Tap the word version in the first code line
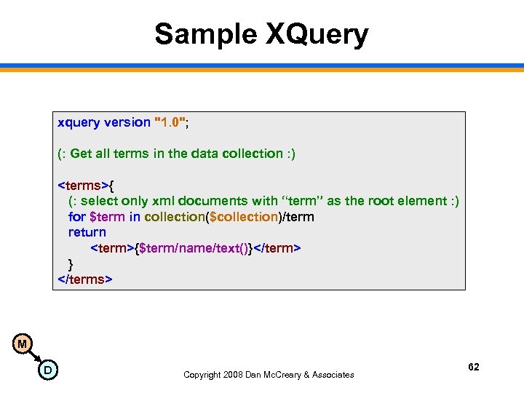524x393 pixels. pos(127,122)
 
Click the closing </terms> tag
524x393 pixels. pos(85,279)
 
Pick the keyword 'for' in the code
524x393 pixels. pos(76,216)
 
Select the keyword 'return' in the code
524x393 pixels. pos(87,232)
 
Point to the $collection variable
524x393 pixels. pos(243,216)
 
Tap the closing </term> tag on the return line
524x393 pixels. pos(277,248)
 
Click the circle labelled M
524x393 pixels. pos(23,344)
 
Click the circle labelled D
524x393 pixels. pos(47,370)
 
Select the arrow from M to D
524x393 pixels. pos(34,357)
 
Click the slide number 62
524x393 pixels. pos(473,367)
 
